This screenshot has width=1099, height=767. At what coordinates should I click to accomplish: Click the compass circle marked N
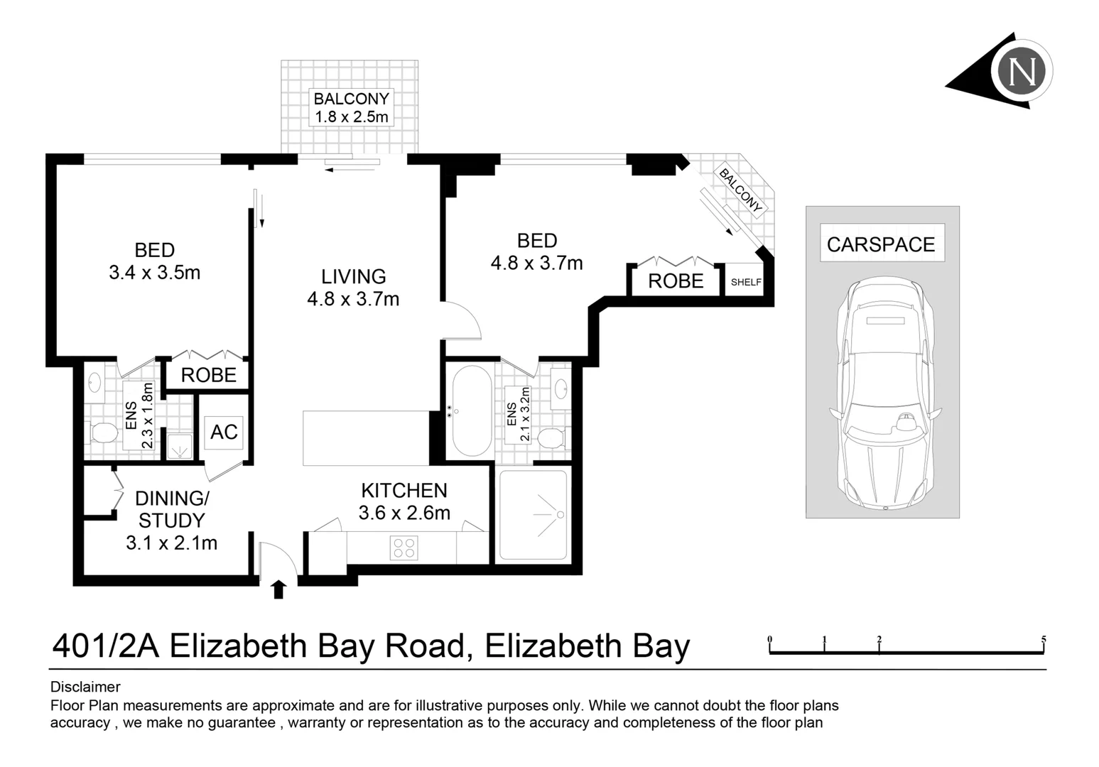pyautogui.click(x=1022, y=71)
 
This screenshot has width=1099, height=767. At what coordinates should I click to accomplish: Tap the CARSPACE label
pyautogui.click(x=881, y=244)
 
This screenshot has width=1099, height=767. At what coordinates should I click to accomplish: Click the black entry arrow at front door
pyautogui.click(x=278, y=589)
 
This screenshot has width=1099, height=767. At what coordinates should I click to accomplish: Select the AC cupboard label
pyautogui.click(x=224, y=432)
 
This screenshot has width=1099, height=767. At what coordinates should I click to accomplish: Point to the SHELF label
pyautogui.click(x=746, y=282)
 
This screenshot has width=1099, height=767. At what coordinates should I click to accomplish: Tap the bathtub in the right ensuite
pyautogui.click(x=471, y=410)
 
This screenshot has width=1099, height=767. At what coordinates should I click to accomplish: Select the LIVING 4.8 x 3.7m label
pyautogui.click(x=353, y=288)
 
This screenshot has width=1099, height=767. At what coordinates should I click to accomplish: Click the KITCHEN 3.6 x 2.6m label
pyautogui.click(x=404, y=501)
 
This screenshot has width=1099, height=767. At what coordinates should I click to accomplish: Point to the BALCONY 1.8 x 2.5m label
pyautogui.click(x=352, y=108)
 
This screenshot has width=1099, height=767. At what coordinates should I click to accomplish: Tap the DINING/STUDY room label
pyautogui.click(x=171, y=520)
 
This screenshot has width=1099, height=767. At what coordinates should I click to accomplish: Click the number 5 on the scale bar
pyautogui.click(x=1044, y=640)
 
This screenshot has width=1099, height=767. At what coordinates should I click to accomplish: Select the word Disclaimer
pyautogui.click(x=85, y=687)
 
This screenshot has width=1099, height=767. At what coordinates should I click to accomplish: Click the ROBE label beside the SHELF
pyautogui.click(x=676, y=281)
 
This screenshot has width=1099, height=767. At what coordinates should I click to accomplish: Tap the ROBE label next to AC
pyautogui.click(x=208, y=375)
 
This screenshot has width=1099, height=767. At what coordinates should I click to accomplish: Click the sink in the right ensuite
pyautogui.click(x=561, y=388)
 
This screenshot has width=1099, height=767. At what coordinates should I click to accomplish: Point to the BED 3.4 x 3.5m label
pyautogui.click(x=154, y=261)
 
